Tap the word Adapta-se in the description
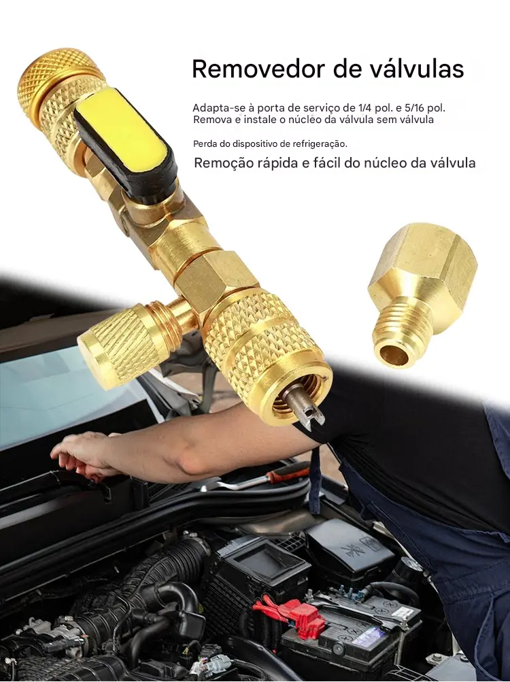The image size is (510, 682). [214, 108]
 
